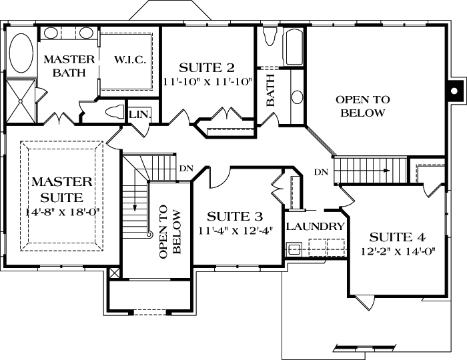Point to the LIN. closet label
[x=140, y=115]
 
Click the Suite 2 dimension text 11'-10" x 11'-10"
[x=207, y=81]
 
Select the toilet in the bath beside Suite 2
[x=270, y=37]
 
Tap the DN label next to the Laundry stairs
[x=321, y=172]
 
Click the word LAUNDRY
[x=315, y=227]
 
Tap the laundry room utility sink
[x=294, y=249]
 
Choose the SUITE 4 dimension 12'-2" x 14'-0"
[x=397, y=251]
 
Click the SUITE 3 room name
[x=234, y=217]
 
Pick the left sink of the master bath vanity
[x=51, y=32]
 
